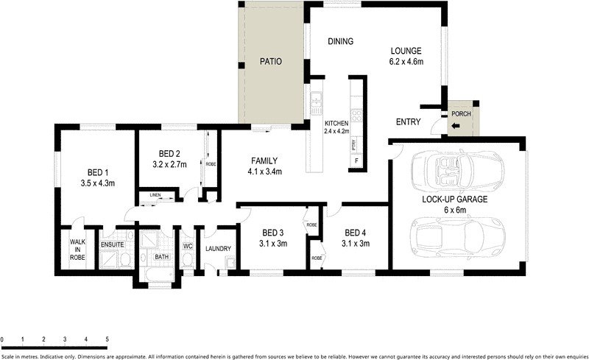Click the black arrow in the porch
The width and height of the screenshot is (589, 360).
[x=455, y=126]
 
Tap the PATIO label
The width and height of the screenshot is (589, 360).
[x=270, y=61]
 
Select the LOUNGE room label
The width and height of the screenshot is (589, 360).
[x=406, y=51]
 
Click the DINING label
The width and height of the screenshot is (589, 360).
[x=341, y=41]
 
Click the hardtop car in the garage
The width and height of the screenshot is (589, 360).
[x=458, y=237]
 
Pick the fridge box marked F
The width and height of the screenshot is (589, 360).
[x=356, y=161]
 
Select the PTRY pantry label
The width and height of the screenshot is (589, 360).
[x=354, y=145]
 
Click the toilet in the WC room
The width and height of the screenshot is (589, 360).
[x=187, y=260]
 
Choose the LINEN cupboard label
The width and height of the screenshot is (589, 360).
[x=155, y=195]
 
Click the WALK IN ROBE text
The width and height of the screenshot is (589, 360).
[x=77, y=250]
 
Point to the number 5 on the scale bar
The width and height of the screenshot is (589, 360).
[x=107, y=339]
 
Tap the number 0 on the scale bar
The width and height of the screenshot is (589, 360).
[x=2, y=339]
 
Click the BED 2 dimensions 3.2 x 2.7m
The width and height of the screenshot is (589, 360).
[x=169, y=164]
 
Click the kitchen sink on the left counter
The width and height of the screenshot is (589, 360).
[x=316, y=97]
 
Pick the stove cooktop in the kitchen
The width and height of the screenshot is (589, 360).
[x=356, y=115]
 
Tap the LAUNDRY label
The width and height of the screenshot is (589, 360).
[x=218, y=249]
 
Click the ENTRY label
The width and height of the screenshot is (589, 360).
[x=409, y=121]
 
